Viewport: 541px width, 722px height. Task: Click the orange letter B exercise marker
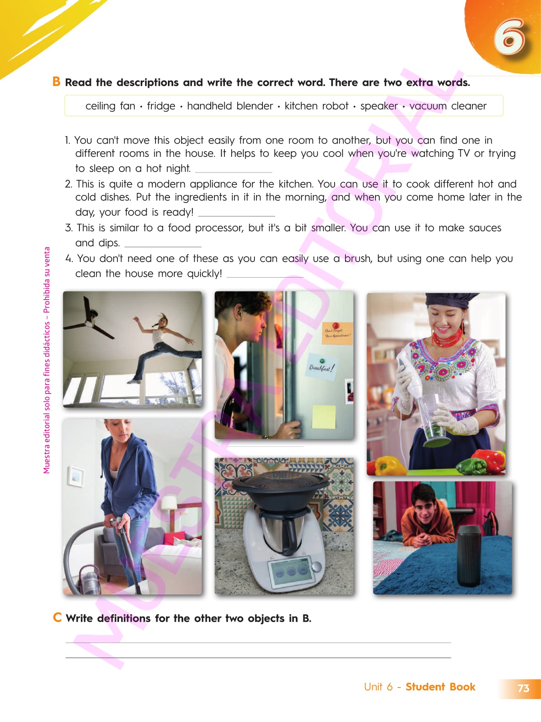pyautogui.click(x=57, y=81)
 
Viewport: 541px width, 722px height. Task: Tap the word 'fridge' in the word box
pyautogui.click(x=161, y=106)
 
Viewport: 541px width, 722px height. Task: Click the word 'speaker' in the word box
pyautogui.click(x=379, y=106)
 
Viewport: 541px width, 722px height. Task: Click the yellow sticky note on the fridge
pyautogui.click(x=324, y=417)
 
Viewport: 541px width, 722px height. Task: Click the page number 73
pyautogui.click(x=523, y=688)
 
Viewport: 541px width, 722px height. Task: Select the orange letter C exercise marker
pyautogui.click(x=57, y=617)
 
